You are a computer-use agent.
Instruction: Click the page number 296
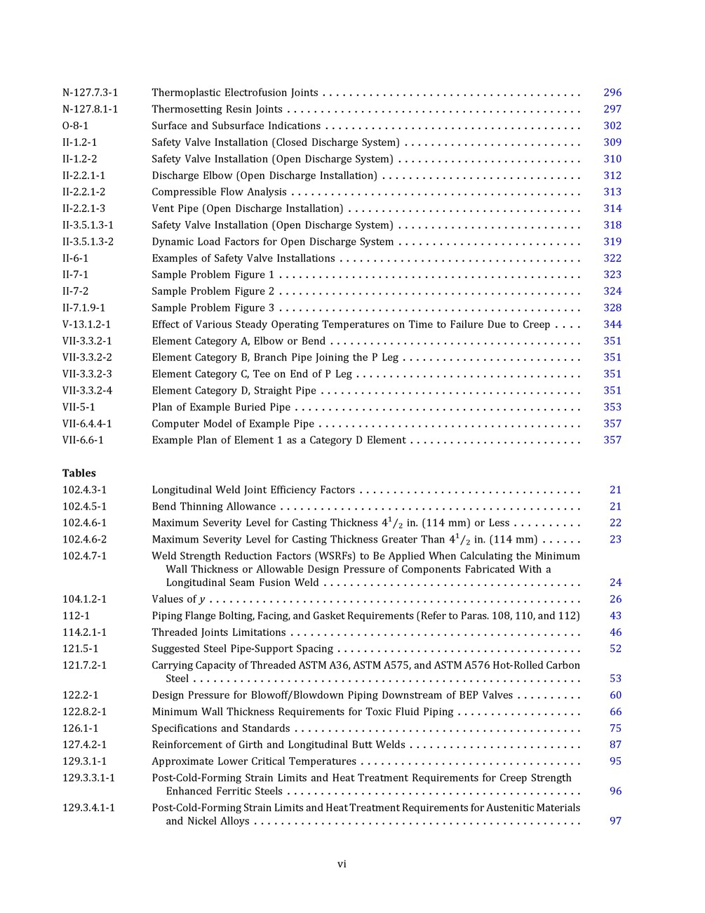(x=612, y=93)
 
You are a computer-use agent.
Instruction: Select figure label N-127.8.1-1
(x=90, y=109)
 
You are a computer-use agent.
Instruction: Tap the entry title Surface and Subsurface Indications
(x=236, y=126)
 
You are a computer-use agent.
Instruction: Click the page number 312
(x=612, y=175)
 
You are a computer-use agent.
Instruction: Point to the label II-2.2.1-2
(x=83, y=192)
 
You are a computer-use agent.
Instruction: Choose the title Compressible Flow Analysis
(x=219, y=192)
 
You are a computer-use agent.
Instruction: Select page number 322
(x=612, y=258)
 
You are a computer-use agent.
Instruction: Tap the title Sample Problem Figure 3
(x=213, y=308)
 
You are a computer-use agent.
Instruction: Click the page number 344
(x=612, y=324)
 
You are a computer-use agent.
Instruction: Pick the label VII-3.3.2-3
(x=87, y=374)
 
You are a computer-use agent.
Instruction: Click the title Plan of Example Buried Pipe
(x=220, y=407)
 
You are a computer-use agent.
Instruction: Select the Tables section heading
(x=79, y=473)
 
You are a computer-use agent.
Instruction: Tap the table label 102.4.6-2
(x=84, y=540)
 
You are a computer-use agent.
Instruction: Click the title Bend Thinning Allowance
(x=213, y=507)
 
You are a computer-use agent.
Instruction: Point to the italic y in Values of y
(x=202, y=600)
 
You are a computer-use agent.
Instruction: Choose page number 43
(x=615, y=616)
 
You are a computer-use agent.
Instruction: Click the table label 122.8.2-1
(x=84, y=712)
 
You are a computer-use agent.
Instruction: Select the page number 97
(x=615, y=821)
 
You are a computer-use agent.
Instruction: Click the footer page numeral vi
(x=342, y=865)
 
